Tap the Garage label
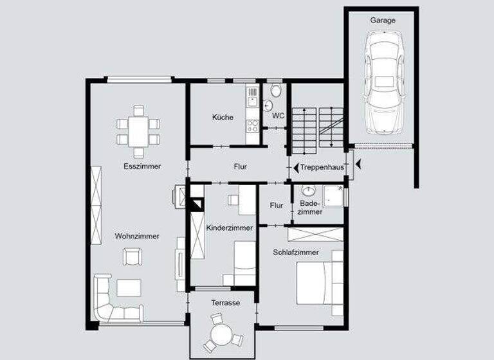383,20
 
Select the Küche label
223,117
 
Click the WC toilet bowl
276,91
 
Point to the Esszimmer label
142,166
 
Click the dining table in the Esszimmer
138,131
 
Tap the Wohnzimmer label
137,236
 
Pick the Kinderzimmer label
230,228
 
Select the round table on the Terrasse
222,333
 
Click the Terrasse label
225,302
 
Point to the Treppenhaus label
322,167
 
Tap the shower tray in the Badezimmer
333,196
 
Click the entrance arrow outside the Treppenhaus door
358,166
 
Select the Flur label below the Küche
240,166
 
